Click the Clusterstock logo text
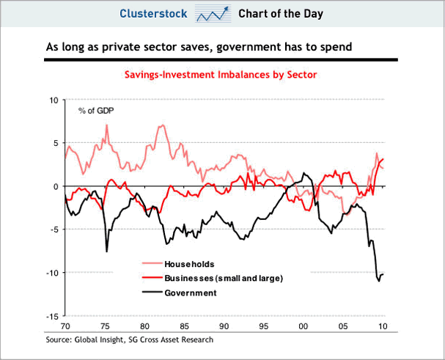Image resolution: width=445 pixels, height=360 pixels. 155,14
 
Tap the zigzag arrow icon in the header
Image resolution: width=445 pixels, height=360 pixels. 212,14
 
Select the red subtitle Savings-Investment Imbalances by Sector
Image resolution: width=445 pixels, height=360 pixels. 222,75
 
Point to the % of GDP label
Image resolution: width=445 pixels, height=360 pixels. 96,111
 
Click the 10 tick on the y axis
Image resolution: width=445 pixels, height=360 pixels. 53,100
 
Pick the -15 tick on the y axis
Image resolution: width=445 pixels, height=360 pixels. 51,316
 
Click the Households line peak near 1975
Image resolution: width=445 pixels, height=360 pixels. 106,125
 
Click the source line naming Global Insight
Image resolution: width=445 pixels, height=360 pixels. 128,339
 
